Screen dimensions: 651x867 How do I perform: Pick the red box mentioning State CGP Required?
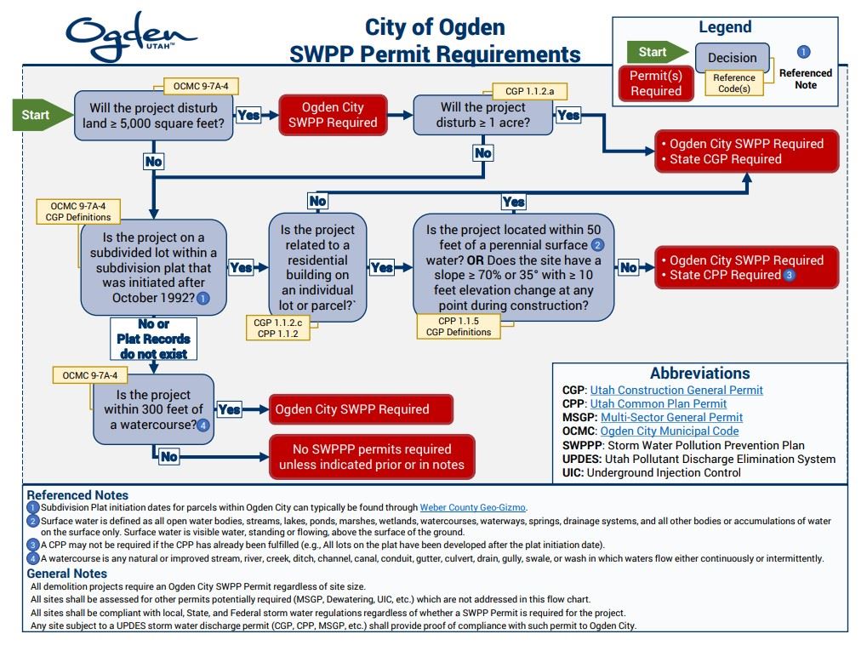[x=746, y=151]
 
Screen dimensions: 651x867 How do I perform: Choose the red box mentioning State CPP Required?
[x=746, y=268]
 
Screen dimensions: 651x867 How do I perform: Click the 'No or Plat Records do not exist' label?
[x=154, y=339]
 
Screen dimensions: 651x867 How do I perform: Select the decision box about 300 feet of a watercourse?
[x=153, y=409]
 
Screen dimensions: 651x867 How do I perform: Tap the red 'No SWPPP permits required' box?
[x=372, y=457]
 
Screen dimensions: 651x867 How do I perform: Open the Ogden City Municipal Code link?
[x=670, y=431]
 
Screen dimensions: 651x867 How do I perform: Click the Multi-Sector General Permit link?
[x=671, y=417]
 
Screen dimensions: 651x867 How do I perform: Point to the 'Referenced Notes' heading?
[x=77, y=494]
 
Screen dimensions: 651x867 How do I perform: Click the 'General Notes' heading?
[x=67, y=574]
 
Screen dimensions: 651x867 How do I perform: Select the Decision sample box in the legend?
[x=732, y=58]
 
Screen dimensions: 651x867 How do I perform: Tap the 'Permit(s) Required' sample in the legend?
[x=655, y=83]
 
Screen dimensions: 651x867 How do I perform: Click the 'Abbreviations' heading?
[x=699, y=373]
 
